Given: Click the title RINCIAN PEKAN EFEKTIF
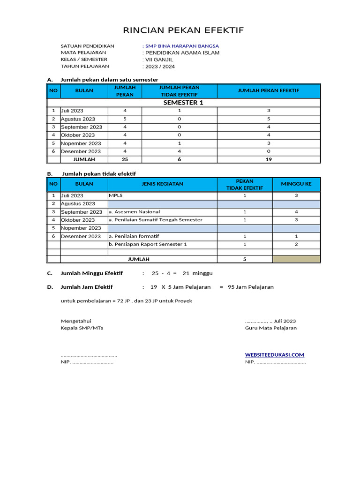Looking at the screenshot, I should click(x=183, y=31).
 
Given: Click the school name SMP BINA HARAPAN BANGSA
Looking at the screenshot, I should click(x=182, y=46).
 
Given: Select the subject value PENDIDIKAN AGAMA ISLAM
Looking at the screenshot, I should click(x=182, y=53).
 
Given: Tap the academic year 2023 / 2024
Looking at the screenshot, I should click(x=160, y=67).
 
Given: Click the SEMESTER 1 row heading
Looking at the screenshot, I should click(x=183, y=103).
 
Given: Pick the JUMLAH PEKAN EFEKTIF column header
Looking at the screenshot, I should click(x=269, y=90).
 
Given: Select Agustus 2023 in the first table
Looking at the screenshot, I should click(x=78, y=119).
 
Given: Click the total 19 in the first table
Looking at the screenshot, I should click(x=269, y=159).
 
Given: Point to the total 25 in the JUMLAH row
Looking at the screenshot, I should click(x=125, y=159).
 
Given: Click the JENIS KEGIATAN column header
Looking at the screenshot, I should click(x=162, y=184).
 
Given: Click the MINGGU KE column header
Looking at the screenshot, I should click(x=296, y=184).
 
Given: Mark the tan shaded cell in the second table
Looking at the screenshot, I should click(x=296, y=259).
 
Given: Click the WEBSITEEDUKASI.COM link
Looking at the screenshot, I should click(x=274, y=355).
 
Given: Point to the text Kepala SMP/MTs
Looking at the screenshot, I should click(x=82, y=328).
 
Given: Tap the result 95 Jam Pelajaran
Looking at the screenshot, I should click(x=250, y=287).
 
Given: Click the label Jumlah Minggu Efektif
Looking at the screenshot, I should click(x=91, y=273).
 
